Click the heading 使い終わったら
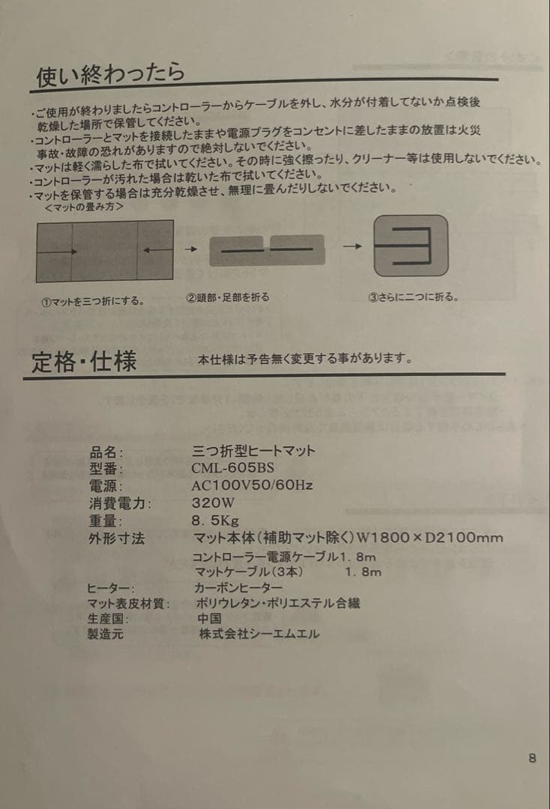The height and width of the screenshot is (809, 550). [x=110, y=75]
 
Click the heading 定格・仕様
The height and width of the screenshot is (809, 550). [x=84, y=363]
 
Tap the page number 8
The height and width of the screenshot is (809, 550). [x=532, y=758]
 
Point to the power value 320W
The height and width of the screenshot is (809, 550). [x=214, y=503]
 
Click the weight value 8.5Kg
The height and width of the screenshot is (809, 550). [x=215, y=521]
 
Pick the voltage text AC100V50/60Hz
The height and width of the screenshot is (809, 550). [x=252, y=485]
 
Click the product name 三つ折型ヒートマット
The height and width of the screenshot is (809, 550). [x=254, y=451]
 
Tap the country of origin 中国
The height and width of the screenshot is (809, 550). [x=209, y=618]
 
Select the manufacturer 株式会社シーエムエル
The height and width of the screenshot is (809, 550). [x=259, y=634]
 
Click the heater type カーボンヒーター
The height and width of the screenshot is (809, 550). [x=238, y=588]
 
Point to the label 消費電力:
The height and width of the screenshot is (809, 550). [x=120, y=503]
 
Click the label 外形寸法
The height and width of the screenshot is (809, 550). [x=115, y=538]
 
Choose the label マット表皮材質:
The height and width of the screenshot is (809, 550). [x=128, y=603]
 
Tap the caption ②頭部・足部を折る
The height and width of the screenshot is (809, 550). [x=227, y=297]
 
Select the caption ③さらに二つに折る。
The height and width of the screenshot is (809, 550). [x=413, y=297]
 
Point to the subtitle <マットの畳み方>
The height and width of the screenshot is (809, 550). [x=85, y=207]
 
